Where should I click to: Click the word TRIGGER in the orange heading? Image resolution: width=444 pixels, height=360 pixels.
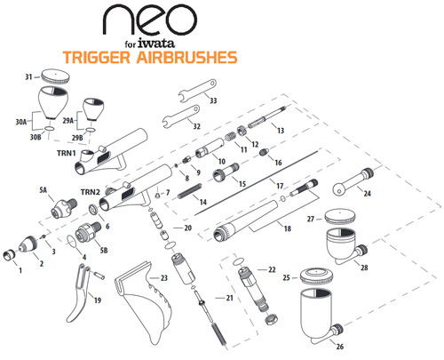click(x=97, y=57)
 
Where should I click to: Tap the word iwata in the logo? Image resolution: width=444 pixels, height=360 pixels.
click(x=156, y=44)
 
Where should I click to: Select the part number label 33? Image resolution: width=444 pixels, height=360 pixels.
click(x=213, y=100)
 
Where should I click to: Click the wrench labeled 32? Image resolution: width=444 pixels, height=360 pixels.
click(x=181, y=116)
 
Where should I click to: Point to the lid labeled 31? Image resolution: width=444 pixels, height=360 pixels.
click(x=56, y=76)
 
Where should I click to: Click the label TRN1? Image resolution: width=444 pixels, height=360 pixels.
click(x=67, y=153)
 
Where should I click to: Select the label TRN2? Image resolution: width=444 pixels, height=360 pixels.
click(x=91, y=192)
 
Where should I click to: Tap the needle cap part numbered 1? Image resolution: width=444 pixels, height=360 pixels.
click(x=9, y=255)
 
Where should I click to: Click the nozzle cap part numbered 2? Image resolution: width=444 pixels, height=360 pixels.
click(x=28, y=244)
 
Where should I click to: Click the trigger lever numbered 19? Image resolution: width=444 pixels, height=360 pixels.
click(x=78, y=293)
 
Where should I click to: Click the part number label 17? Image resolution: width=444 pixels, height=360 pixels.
click(x=280, y=186)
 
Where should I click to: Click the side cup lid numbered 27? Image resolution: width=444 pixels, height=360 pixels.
click(x=340, y=217)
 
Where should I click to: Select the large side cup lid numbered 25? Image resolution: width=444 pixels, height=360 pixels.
click(x=315, y=276)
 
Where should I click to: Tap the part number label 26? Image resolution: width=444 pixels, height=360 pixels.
click(x=340, y=346)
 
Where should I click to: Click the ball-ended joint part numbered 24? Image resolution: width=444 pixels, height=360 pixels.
click(x=353, y=181)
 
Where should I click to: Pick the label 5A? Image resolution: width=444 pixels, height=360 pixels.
click(x=44, y=190)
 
